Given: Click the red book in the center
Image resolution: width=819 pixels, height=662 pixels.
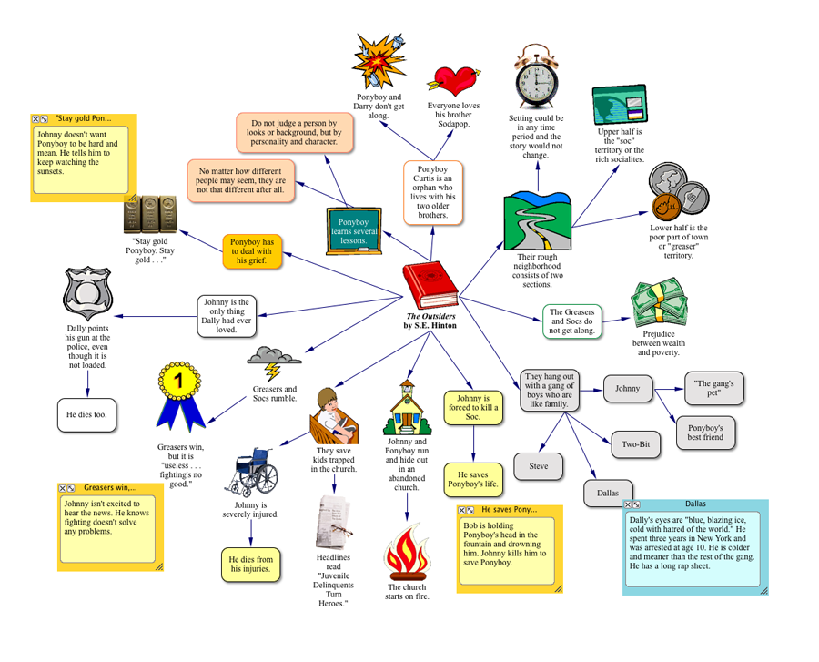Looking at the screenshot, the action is (430, 285).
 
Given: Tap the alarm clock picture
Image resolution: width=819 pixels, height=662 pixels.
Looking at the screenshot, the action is (536, 76).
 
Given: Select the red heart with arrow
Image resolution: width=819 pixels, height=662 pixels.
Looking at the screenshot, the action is (453, 81).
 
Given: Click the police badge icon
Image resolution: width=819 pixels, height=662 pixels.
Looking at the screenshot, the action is (87, 293).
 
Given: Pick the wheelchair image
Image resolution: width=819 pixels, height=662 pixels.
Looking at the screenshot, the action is (252, 472).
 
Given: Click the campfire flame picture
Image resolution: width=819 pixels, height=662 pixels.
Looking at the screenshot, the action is (407, 552).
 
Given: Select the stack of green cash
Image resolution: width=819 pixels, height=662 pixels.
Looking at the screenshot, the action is (659, 303).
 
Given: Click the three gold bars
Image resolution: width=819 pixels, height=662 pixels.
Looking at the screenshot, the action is (150, 214).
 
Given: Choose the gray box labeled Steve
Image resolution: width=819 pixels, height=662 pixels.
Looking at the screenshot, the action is (539, 466).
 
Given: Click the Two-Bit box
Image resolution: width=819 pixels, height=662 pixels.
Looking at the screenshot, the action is (636, 444).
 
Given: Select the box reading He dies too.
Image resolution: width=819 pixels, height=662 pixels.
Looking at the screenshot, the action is (86, 415).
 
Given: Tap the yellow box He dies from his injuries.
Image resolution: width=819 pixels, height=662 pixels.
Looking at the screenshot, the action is (251, 565).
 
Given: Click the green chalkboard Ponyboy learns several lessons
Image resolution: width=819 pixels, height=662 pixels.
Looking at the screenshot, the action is (354, 231).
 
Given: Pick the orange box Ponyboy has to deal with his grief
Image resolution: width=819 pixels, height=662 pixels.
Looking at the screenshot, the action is (252, 251).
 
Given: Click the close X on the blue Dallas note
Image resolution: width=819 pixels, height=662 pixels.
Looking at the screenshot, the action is (628, 504).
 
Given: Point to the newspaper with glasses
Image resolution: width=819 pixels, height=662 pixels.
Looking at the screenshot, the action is (333, 523).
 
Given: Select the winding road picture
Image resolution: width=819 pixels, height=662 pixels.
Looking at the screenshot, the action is (538, 221).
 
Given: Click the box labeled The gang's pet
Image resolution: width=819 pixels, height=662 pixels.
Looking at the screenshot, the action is (714, 388).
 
